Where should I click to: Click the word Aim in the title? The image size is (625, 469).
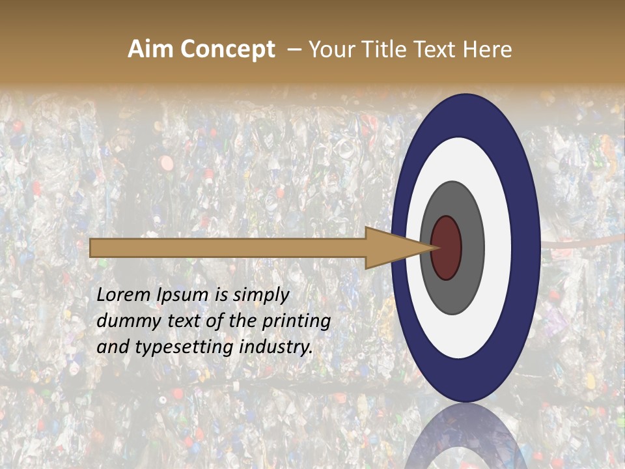(x=150, y=50)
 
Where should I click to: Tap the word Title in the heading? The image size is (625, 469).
(x=384, y=50)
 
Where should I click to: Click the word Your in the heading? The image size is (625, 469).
(x=332, y=50)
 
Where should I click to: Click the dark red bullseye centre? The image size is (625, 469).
(x=446, y=248)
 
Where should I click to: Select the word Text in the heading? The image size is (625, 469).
(x=437, y=50)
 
